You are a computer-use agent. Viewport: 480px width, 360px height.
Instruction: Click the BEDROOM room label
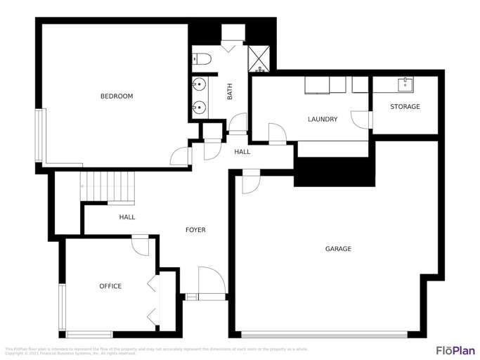point(117,96)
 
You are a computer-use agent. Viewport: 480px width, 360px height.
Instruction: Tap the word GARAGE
point(338,249)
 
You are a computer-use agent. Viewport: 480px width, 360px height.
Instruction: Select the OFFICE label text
point(110,286)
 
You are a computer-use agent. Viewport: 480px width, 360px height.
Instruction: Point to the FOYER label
point(195,230)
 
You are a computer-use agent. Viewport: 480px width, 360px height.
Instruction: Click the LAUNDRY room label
point(323,120)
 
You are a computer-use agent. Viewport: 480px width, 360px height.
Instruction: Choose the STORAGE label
point(406,107)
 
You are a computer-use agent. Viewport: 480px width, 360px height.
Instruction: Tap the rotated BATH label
point(230,92)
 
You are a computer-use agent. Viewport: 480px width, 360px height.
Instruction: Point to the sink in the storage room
point(405,85)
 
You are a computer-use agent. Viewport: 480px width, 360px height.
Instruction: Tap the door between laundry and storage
point(365,120)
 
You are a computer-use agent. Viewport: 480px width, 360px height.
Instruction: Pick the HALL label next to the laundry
point(242,152)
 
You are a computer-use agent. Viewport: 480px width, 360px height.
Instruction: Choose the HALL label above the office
point(127,217)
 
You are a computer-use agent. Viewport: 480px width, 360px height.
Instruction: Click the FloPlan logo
point(453,350)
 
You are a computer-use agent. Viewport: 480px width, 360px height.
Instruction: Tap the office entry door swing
point(139,245)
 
